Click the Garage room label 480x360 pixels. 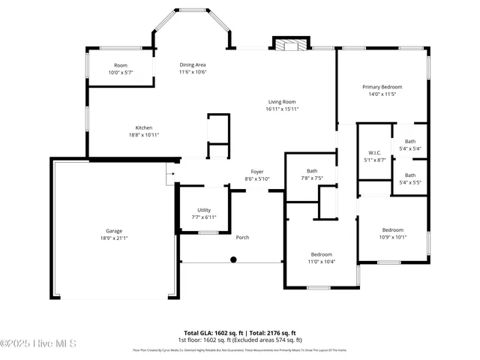tap(114, 231)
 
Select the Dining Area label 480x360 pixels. tap(193, 64)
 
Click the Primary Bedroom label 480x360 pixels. tap(382, 87)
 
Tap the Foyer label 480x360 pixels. tap(257, 172)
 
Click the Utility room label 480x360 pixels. tap(204, 210)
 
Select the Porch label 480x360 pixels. tap(242, 238)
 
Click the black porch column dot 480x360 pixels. tap(233, 259)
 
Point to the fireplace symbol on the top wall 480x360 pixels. tap(290, 45)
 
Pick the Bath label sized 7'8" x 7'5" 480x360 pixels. tap(312, 171)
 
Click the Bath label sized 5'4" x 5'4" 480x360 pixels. tap(410, 141)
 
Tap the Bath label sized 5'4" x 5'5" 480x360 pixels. tap(410, 175)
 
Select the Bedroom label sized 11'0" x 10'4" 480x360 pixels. tap(321, 254)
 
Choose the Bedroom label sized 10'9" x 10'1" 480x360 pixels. tap(393, 229)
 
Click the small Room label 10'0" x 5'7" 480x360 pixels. tap(120, 65)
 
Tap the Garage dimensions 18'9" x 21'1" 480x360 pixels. tap(114, 238)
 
